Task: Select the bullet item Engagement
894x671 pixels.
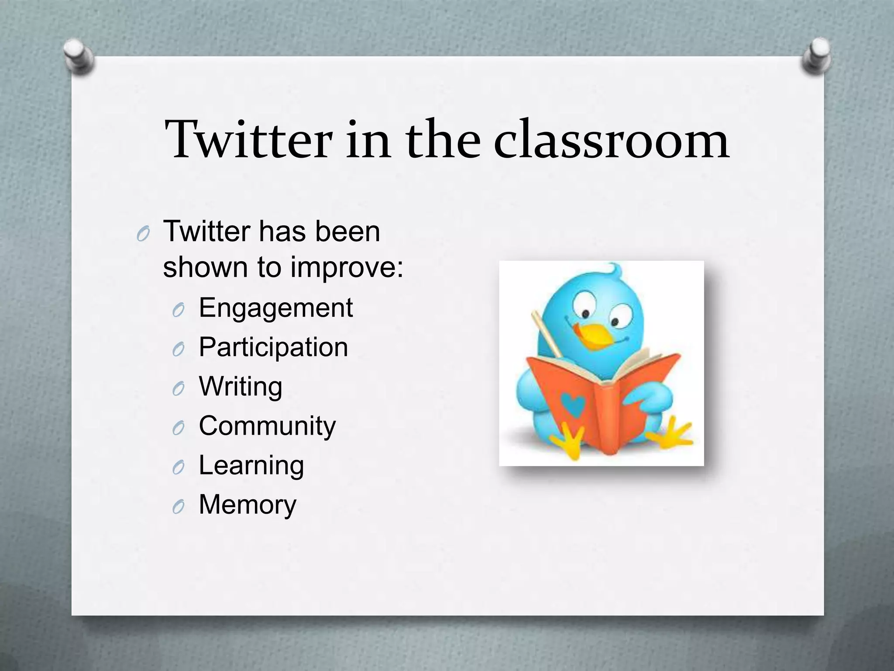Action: click(x=275, y=308)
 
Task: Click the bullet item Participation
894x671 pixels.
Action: click(x=273, y=348)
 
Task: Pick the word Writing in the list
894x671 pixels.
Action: click(x=241, y=387)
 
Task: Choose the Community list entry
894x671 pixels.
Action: click(x=267, y=426)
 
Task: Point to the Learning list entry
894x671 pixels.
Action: click(x=251, y=466)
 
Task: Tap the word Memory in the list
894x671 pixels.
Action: click(x=248, y=505)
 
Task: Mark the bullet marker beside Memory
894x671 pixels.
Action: click(x=178, y=507)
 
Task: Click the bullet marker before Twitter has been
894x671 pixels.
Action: click(x=143, y=235)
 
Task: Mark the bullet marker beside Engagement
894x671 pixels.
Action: click(x=178, y=310)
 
